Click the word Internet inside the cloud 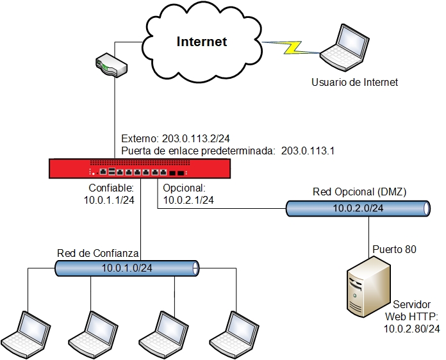(x=202, y=42)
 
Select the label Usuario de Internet (x=354, y=82)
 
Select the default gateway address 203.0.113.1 (x=308, y=151)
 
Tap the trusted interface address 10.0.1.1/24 (x=109, y=200)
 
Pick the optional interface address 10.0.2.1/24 (x=188, y=200)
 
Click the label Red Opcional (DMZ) (x=359, y=192)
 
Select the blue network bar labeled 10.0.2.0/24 (x=358, y=208)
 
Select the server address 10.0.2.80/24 (x=412, y=329)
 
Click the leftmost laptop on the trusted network (x=26, y=330)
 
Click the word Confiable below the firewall (x=110, y=189)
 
